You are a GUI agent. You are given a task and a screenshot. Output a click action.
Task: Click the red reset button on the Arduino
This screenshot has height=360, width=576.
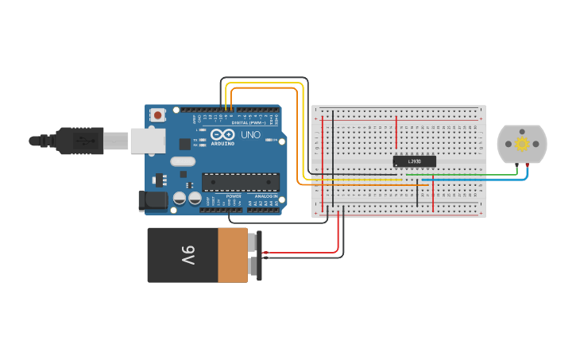[x=157, y=114]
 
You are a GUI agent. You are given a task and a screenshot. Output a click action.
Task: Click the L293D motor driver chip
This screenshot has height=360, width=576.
[x=415, y=161]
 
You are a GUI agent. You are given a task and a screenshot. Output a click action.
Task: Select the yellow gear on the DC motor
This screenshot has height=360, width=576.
[x=522, y=144]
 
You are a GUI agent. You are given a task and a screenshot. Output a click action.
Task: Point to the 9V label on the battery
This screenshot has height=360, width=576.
[x=187, y=255]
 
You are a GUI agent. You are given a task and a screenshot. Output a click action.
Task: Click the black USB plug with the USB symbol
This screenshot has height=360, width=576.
[x=79, y=141]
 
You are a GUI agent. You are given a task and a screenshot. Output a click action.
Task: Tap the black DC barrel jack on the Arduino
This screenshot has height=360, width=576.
[x=153, y=201]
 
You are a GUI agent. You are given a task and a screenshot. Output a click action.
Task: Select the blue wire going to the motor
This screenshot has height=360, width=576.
[x=477, y=180]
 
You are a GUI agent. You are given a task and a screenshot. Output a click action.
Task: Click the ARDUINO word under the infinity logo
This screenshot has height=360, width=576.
[x=222, y=143]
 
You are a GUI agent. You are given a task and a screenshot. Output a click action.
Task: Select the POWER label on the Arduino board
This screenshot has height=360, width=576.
[x=234, y=195]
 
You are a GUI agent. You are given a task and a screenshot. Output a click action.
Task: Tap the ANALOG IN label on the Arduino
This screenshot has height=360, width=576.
[x=265, y=195]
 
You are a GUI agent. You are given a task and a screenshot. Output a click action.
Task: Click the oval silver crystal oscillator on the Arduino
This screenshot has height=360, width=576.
[x=182, y=161]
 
